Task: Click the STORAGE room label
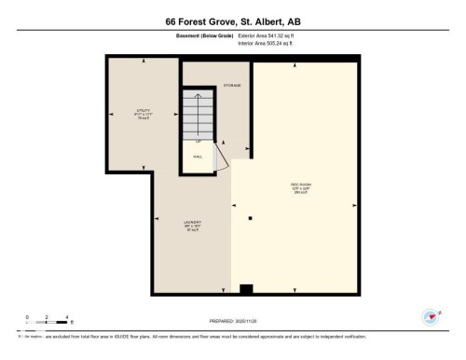click(232, 85)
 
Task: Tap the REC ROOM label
click(301, 187)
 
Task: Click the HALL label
click(198, 157)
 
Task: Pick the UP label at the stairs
click(198, 141)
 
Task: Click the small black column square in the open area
click(250, 218)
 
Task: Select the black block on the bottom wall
click(246, 289)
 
